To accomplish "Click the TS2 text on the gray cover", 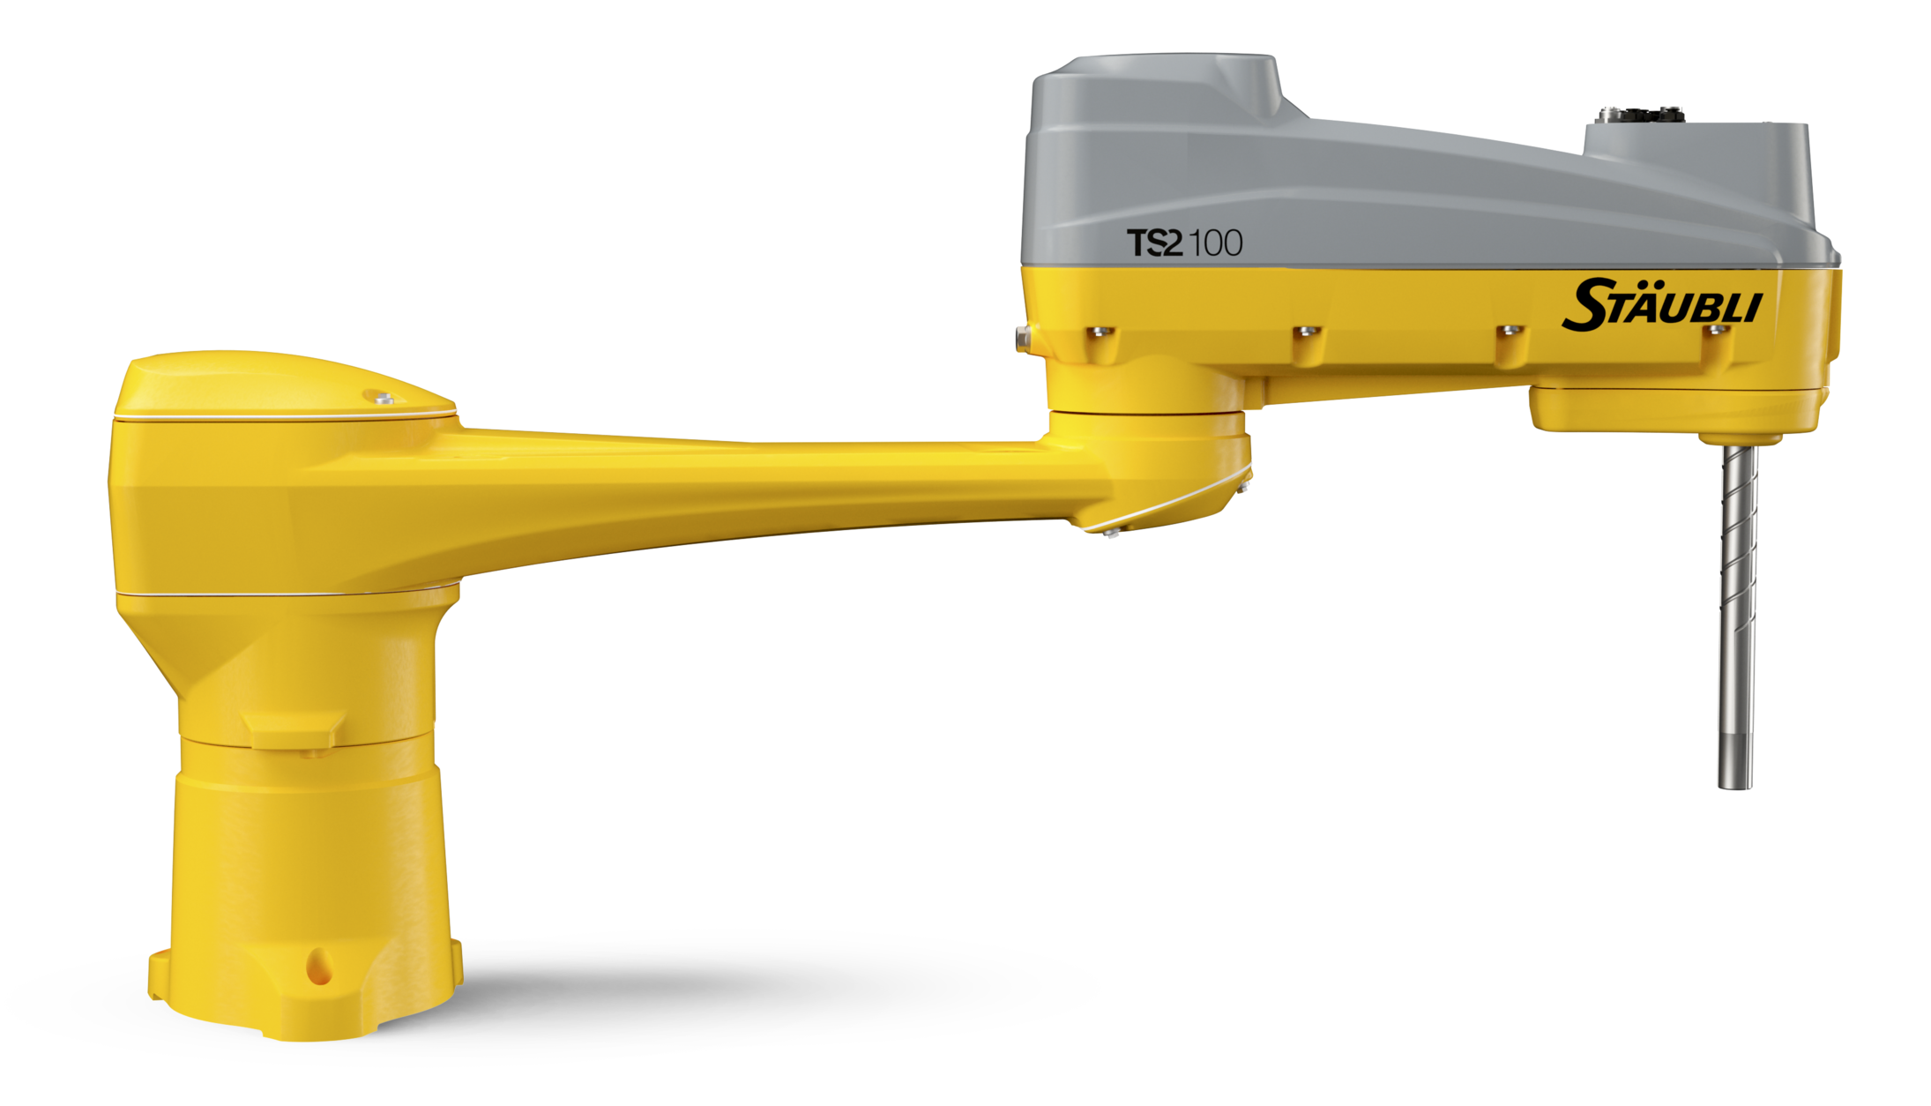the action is (1154, 243).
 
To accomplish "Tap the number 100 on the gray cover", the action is (1216, 243).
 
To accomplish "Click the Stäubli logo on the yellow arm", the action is (1662, 305).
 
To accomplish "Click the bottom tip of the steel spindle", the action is (1734, 787).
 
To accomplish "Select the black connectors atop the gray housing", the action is (1640, 115).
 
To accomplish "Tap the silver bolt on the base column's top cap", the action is (384, 399).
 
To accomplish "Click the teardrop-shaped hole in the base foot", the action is (318, 968).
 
